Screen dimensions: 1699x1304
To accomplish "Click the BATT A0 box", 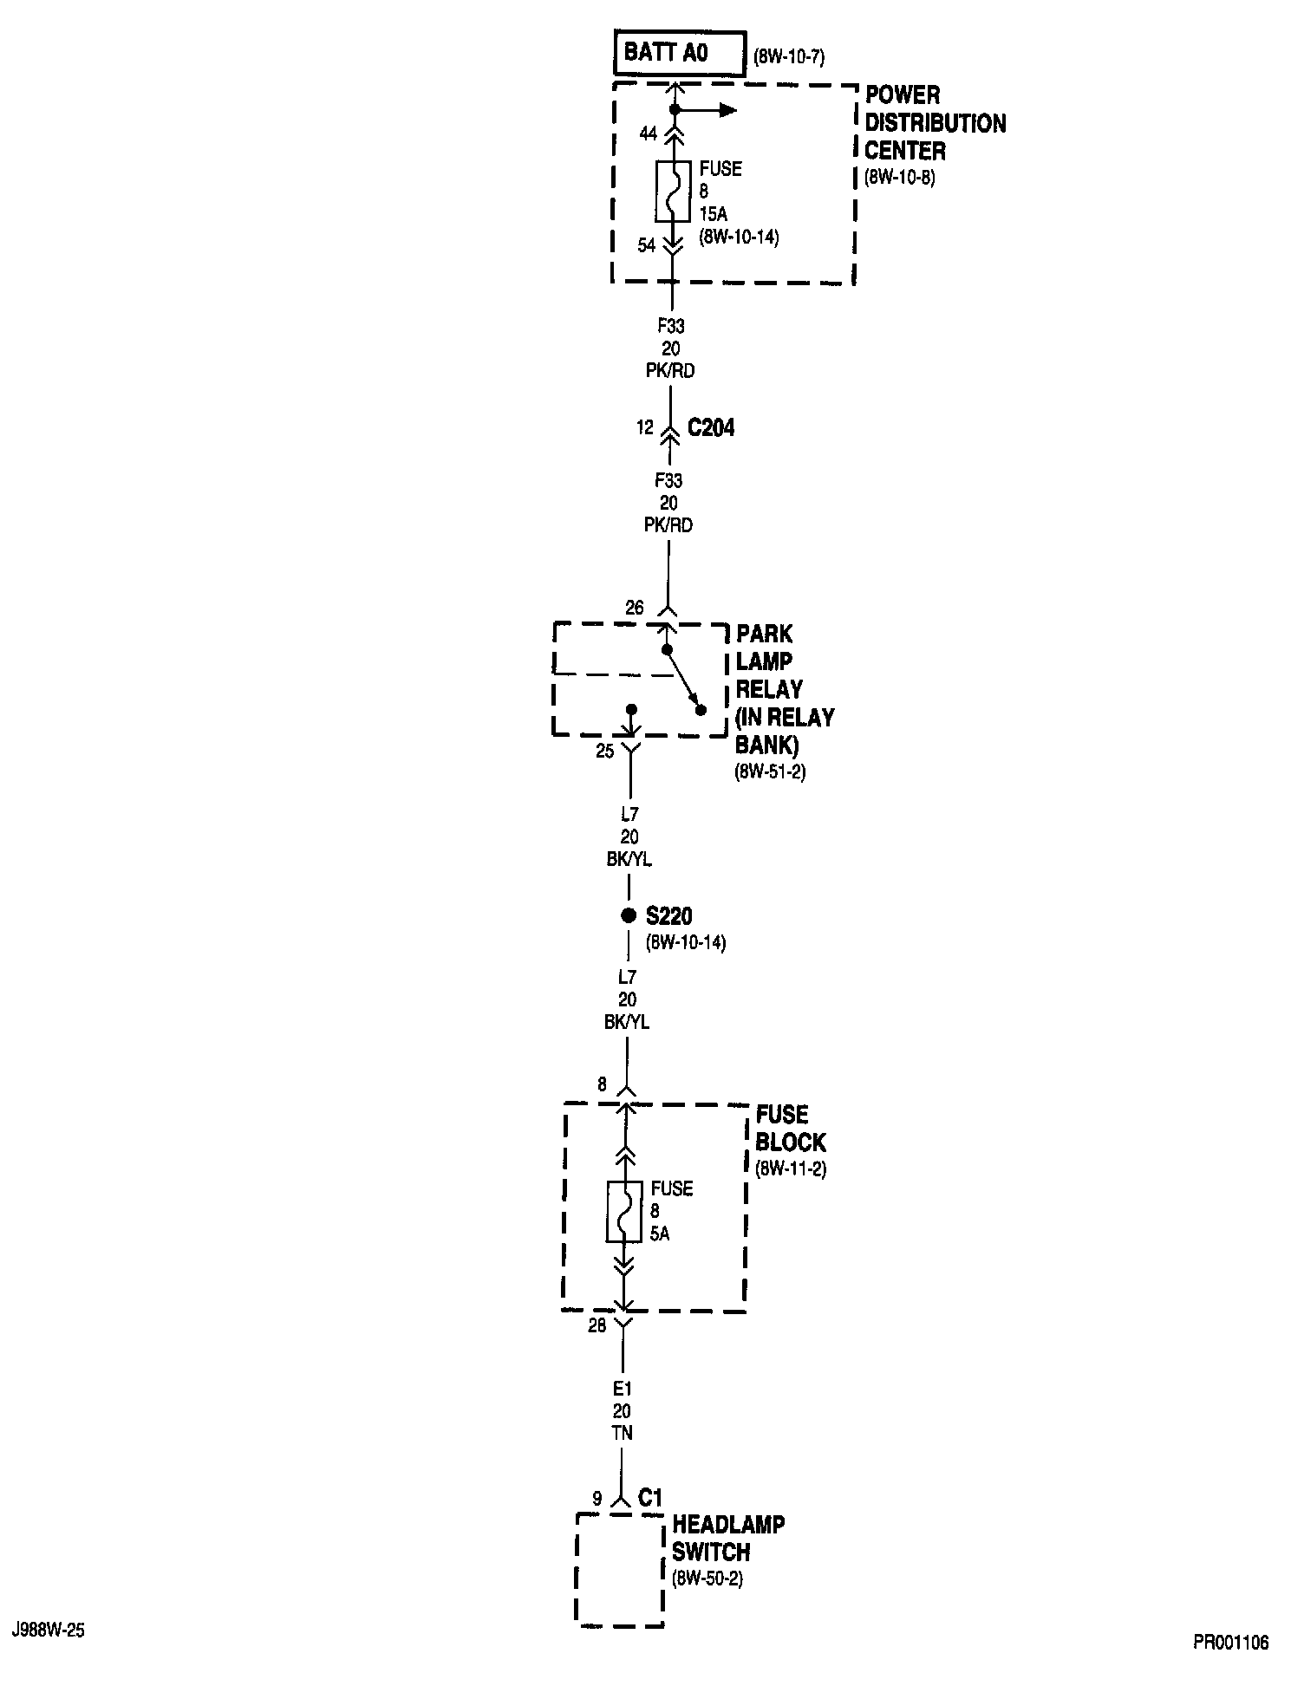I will (680, 54).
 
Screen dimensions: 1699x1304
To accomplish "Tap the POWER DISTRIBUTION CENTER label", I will (935, 123).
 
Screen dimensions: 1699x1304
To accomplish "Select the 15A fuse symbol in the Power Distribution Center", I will (673, 191).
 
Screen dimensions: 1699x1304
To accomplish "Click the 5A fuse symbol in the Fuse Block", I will (624, 1211).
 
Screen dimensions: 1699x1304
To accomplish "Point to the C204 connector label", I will (710, 427).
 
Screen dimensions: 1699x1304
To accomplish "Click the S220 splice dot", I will (629, 915).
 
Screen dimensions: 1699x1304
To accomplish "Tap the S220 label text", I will (668, 915).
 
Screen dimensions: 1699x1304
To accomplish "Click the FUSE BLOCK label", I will (790, 1128).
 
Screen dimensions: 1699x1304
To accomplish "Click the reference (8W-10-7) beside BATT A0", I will (788, 59).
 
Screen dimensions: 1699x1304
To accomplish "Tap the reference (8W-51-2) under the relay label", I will (770, 771).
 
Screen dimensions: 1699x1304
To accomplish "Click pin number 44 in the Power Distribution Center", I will (649, 133).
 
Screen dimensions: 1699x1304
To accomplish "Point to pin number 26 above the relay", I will (635, 608).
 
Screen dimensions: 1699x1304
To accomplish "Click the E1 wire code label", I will (623, 1389).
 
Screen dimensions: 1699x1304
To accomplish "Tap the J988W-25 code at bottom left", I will (49, 1630).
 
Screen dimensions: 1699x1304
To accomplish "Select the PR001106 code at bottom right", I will (1230, 1642).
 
